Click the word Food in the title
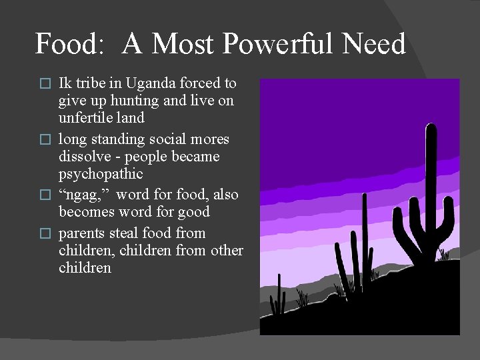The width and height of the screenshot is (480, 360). click(64, 45)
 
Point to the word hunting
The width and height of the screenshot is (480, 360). click(123, 101)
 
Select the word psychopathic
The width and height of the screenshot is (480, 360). click(101, 174)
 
